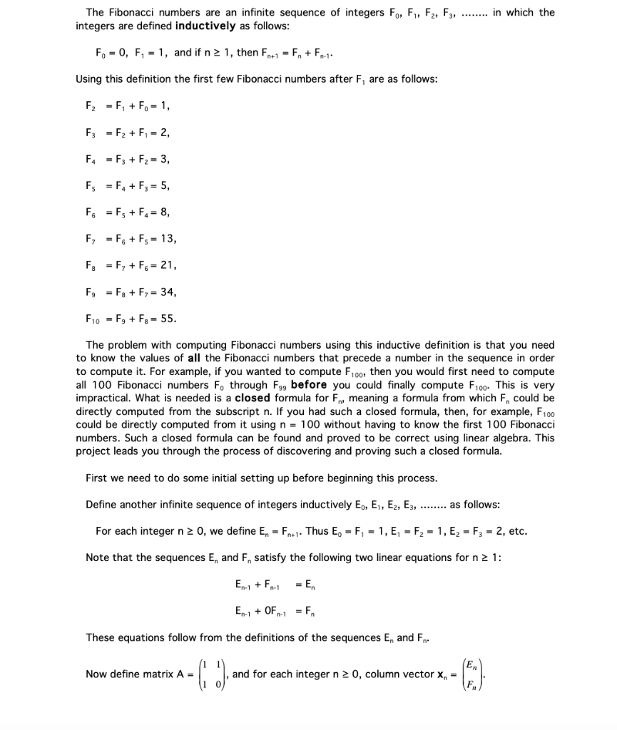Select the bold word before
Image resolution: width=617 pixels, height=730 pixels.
[x=309, y=385]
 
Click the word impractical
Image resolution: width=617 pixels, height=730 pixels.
[x=103, y=399]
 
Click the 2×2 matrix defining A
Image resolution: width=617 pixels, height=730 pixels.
[x=213, y=674]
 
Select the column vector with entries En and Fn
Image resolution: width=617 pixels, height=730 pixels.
[x=471, y=674]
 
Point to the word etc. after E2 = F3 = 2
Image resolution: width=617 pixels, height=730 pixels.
[x=518, y=531]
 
